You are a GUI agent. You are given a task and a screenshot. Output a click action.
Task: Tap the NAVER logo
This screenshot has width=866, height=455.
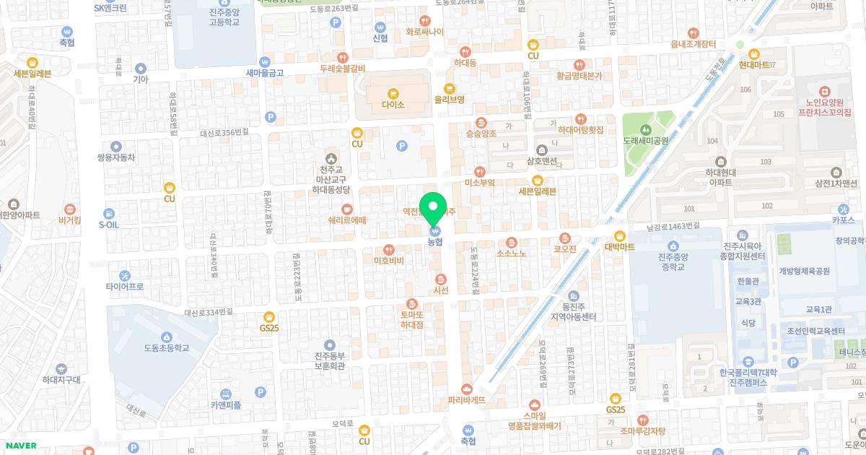(19, 446)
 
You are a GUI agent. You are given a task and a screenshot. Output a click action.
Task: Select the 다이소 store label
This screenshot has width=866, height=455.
(393, 105)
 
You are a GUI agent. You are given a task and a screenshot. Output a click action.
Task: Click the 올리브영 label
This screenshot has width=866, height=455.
(449, 100)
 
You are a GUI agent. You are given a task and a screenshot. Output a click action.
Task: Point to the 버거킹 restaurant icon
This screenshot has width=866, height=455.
(69, 209)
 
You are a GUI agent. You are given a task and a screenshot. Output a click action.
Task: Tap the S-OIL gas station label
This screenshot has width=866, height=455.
(108, 225)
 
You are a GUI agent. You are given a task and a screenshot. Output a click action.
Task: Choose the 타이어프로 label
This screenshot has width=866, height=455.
(125, 287)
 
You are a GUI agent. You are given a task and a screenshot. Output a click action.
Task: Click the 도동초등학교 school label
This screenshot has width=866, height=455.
(166, 347)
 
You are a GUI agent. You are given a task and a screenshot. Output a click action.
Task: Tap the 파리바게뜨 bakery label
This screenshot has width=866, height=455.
(467, 399)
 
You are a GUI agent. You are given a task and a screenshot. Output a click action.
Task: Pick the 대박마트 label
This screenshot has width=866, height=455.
(619, 246)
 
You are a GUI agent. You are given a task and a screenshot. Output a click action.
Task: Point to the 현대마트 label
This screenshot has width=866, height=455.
(753, 64)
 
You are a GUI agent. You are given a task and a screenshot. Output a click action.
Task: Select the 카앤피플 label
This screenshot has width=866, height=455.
(226, 405)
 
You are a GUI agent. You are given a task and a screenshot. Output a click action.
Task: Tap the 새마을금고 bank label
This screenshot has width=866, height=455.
(265, 73)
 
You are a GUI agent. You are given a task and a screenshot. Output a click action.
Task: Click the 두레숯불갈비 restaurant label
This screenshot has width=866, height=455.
(343, 69)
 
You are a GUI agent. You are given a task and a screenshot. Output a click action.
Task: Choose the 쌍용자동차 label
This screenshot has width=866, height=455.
(116, 157)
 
